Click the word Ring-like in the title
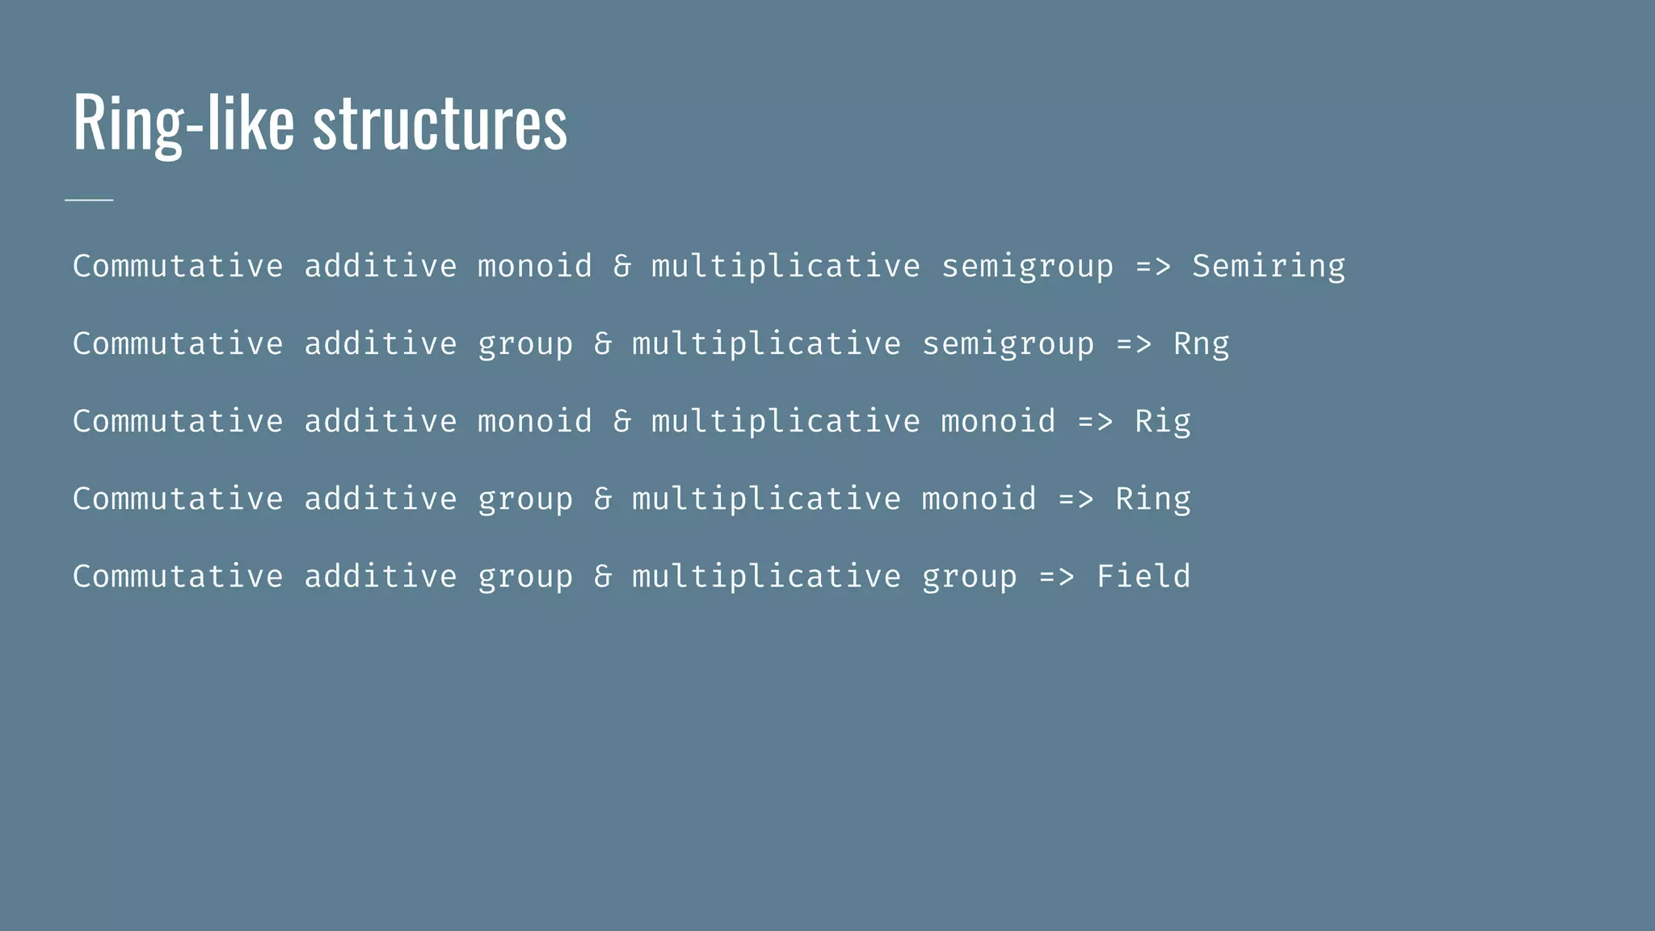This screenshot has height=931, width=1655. coord(183,123)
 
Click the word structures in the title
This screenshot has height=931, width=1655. coord(440,123)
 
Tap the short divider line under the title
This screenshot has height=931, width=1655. coord(89,199)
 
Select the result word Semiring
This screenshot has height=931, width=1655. coord(1269,266)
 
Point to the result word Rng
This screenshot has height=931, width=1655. coord(1201,343)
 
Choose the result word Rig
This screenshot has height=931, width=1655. coord(1162,421)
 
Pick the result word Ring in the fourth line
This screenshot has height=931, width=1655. coord(1152,499)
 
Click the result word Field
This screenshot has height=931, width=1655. coord(1143,576)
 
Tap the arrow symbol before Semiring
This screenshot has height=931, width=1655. coord(1152,266)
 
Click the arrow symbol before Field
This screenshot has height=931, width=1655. coord(1056,576)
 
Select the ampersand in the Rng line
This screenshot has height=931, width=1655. coord(603,343)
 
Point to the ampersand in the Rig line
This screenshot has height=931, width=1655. coord(622,421)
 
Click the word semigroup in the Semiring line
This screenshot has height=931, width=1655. coord(1027,266)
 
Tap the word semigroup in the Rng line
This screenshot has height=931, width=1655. coord(1008,343)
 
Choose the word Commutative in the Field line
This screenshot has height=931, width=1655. coord(178,576)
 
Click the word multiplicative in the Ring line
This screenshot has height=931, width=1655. coord(766,499)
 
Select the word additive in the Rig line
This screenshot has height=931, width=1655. coord(380,421)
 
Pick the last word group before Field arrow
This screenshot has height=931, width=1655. coord(969,576)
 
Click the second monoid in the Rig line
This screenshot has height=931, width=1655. coord(998,421)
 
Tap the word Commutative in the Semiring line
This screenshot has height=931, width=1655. coord(178,266)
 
